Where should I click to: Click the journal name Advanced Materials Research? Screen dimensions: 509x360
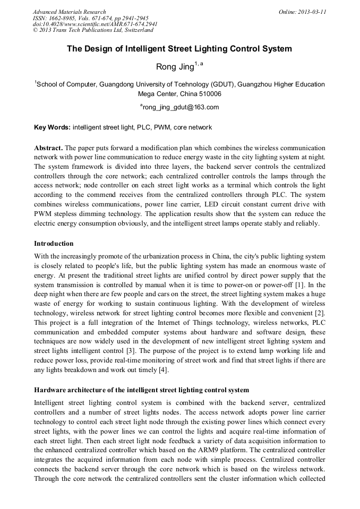(70, 12)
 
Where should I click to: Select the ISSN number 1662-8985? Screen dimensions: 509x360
(65, 18)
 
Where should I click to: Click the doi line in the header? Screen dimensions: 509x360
(95, 24)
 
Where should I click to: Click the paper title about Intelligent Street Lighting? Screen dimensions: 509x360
(179, 49)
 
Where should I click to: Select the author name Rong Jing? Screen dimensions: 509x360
(174, 67)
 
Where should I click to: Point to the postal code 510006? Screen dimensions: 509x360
(209, 94)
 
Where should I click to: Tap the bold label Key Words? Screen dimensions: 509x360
(52, 127)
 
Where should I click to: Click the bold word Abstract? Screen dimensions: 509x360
(48, 148)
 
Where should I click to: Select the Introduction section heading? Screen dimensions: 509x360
(54, 244)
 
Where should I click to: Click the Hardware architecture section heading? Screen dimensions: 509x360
(141, 390)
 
